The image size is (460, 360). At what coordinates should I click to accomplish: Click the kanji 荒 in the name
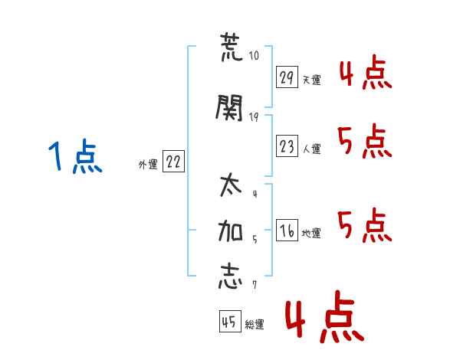[232, 47]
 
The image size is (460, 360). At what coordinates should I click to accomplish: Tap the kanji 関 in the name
[230, 108]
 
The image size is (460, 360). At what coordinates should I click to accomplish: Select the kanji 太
[231, 185]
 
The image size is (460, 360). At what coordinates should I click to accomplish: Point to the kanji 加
[231, 231]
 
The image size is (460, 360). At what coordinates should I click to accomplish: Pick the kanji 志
[231, 277]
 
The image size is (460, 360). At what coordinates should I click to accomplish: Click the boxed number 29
[287, 77]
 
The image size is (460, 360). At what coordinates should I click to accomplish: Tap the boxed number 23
[287, 146]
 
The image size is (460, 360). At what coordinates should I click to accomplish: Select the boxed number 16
[287, 230]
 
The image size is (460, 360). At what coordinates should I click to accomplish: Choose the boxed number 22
[173, 161]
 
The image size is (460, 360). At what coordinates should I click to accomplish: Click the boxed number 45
[230, 321]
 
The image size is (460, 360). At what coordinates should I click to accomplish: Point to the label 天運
[312, 80]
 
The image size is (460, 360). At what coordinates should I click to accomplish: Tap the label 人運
[312, 149]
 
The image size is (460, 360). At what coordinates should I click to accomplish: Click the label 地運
[311, 233]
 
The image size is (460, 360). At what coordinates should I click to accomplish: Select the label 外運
[148, 165]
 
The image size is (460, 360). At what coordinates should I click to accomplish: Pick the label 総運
[255, 324]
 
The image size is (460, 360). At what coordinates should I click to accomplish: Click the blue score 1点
[75, 156]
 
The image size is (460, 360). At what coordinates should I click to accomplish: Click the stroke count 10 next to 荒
[254, 55]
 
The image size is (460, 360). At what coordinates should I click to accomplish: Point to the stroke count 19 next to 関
[254, 117]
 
